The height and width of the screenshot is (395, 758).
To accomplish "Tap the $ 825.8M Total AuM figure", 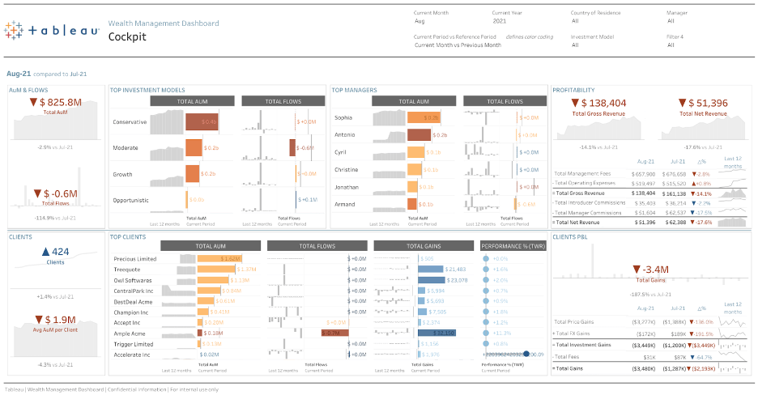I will [56, 102].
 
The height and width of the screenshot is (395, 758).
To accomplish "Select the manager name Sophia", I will [343, 118].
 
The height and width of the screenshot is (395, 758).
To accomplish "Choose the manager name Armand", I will [345, 204].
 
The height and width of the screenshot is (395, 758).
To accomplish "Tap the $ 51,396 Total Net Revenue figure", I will [702, 103].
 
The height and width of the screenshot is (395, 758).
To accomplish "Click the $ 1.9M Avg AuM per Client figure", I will [56, 319].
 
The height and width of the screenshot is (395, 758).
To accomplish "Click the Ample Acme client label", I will [129, 333].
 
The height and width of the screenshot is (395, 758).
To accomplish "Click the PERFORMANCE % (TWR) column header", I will [512, 246].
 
